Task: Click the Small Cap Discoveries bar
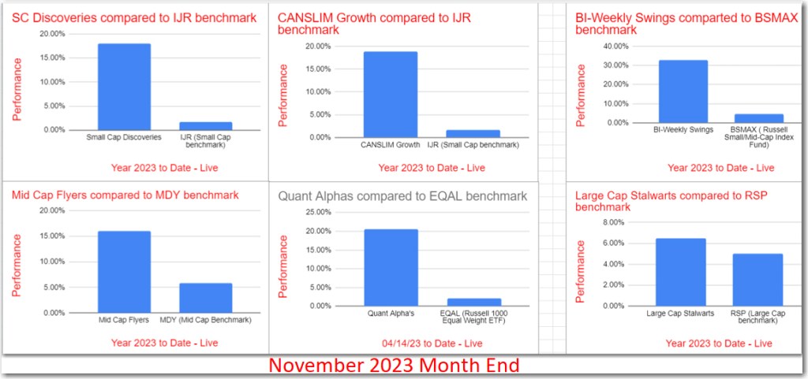(x=124, y=87)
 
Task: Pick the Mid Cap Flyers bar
(x=124, y=272)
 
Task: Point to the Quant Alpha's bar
(x=391, y=267)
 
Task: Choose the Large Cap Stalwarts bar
(x=680, y=272)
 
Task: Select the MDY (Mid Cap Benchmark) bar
(x=205, y=298)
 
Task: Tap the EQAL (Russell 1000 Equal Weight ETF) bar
(x=473, y=302)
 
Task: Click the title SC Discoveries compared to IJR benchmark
(x=133, y=17)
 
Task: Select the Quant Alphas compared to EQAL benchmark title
(x=402, y=196)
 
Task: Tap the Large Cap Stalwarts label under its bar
(x=680, y=314)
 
